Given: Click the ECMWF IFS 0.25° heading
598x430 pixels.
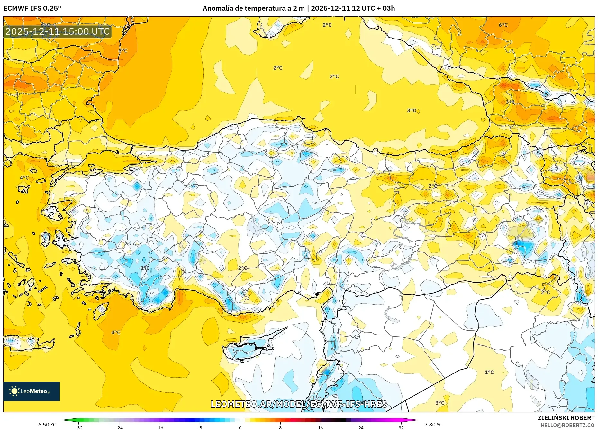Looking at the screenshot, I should (x=32, y=8).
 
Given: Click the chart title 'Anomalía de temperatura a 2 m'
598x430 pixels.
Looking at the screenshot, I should (x=253, y=8).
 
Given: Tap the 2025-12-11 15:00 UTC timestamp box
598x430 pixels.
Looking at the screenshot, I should (x=58, y=31).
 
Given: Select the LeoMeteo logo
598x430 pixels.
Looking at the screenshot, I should (x=32, y=391).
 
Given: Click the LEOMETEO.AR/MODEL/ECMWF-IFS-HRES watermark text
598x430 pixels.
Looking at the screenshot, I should (x=299, y=404).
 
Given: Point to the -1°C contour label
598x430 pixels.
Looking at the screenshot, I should (x=144, y=268).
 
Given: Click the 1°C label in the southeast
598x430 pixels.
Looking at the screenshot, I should (x=489, y=372).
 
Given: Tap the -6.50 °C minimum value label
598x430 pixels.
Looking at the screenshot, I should (x=46, y=425).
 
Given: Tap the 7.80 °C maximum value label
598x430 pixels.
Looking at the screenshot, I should (x=433, y=425).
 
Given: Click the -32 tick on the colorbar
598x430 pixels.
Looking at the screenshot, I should (x=79, y=427).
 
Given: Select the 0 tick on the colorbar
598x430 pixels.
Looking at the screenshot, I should (x=240, y=427).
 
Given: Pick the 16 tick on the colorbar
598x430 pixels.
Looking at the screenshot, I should (x=320, y=427).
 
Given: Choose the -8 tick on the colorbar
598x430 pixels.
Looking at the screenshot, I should (x=200, y=427).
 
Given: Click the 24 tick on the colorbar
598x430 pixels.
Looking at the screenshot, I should (x=361, y=427).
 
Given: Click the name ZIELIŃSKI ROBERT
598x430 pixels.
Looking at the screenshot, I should (x=566, y=418).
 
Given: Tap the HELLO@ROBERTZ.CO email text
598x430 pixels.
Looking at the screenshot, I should (x=567, y=425).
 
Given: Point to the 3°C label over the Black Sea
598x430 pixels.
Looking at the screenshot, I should (x=412, y=110).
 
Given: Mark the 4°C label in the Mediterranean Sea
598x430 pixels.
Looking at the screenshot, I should (x=116, y=332).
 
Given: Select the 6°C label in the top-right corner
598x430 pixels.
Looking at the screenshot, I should (x=503, y=25).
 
